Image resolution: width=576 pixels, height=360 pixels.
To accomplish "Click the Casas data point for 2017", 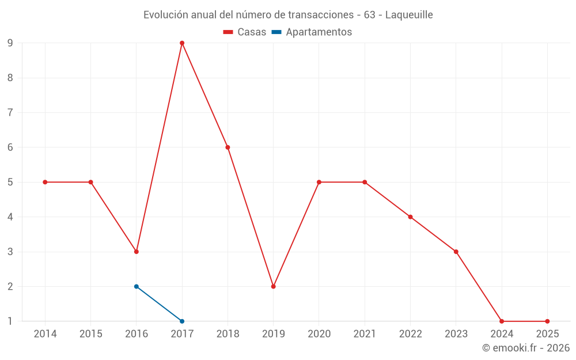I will (x=182, y=43).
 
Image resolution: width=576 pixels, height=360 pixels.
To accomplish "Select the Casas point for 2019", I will (x=274, y=286).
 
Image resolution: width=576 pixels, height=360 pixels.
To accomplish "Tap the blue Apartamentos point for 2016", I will (x=137, y=286).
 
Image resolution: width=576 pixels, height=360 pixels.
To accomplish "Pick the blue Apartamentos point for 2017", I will (x=182, y=321).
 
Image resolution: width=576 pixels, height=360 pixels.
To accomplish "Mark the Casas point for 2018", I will (x=228, y=147).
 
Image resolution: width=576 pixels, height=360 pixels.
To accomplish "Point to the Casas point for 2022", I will (x=410, y=217).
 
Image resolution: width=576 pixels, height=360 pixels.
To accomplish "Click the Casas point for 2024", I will (x=502, y=321).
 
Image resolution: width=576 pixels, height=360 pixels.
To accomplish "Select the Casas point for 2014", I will (x=45, y=182).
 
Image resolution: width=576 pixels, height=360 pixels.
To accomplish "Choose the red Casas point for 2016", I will (x=137, y=252).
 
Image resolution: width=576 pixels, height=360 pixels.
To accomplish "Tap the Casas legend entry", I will (x=245, y=32).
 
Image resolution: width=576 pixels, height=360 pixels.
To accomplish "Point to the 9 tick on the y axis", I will (x=10, y=43).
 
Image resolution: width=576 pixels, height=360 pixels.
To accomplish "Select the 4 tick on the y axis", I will (x=10, y=217).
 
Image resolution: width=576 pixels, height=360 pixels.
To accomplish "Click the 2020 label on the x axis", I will (x=319, y=334).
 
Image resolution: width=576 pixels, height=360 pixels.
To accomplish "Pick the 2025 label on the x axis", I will (x=547, y=334).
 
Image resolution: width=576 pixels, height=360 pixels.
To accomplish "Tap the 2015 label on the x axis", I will (x=91, y=334).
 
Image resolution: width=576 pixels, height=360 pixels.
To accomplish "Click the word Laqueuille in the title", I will (x=408, y=15).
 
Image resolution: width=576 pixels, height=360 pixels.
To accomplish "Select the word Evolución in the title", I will (x=164, y=15).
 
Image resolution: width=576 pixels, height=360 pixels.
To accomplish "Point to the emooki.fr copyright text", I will (x=526, y=348).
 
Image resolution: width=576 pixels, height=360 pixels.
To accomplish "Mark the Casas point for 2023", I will (x=456, y=252).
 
